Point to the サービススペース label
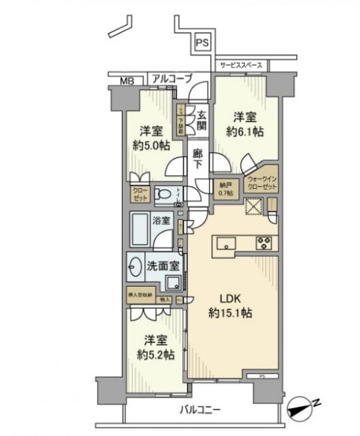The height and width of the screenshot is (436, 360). [x=242, y=65]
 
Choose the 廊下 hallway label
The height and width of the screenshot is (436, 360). [x=197, y=159]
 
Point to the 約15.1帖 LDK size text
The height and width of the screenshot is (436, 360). [x=229, y=313]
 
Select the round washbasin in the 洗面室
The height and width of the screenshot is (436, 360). [x=135, y=266]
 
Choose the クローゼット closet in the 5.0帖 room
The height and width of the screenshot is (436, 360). [x=140, y=194]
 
